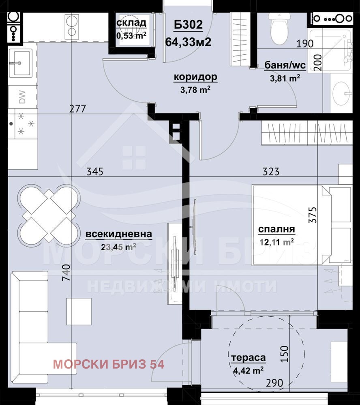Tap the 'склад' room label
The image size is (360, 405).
[x=131, y=22]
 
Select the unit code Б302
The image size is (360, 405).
[x=188, y=25]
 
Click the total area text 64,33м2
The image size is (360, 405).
[x=188, y=41]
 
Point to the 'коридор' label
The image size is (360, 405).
[x=195, y=77]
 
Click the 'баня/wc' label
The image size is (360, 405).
[x=285, y=65]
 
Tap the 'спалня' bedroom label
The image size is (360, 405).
[x=276, y=229]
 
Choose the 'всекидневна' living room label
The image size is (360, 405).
[x=119, y=234]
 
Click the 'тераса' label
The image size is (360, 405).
[x=248, y=358]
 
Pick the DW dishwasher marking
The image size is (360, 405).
[x=23, y=97]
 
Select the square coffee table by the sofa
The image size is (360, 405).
[x=79, y=311]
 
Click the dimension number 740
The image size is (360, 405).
[x=66, y=273]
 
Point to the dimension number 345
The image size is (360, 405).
[x=94, y=171]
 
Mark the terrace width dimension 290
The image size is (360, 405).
[x=274, y=383]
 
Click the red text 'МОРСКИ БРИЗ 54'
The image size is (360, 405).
[x=109, y=364]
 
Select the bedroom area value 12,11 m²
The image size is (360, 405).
[x=276, y=243]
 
